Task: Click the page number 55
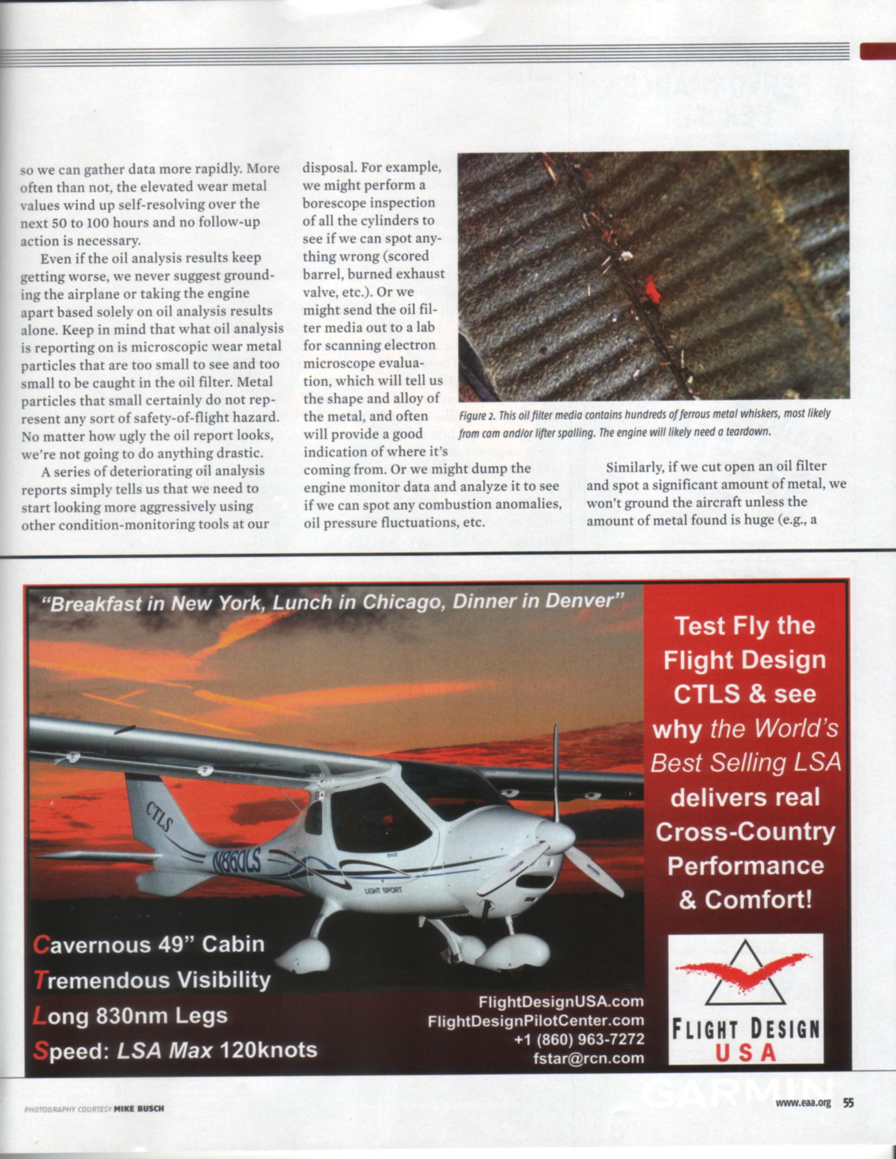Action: (x=848, y=1102)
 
